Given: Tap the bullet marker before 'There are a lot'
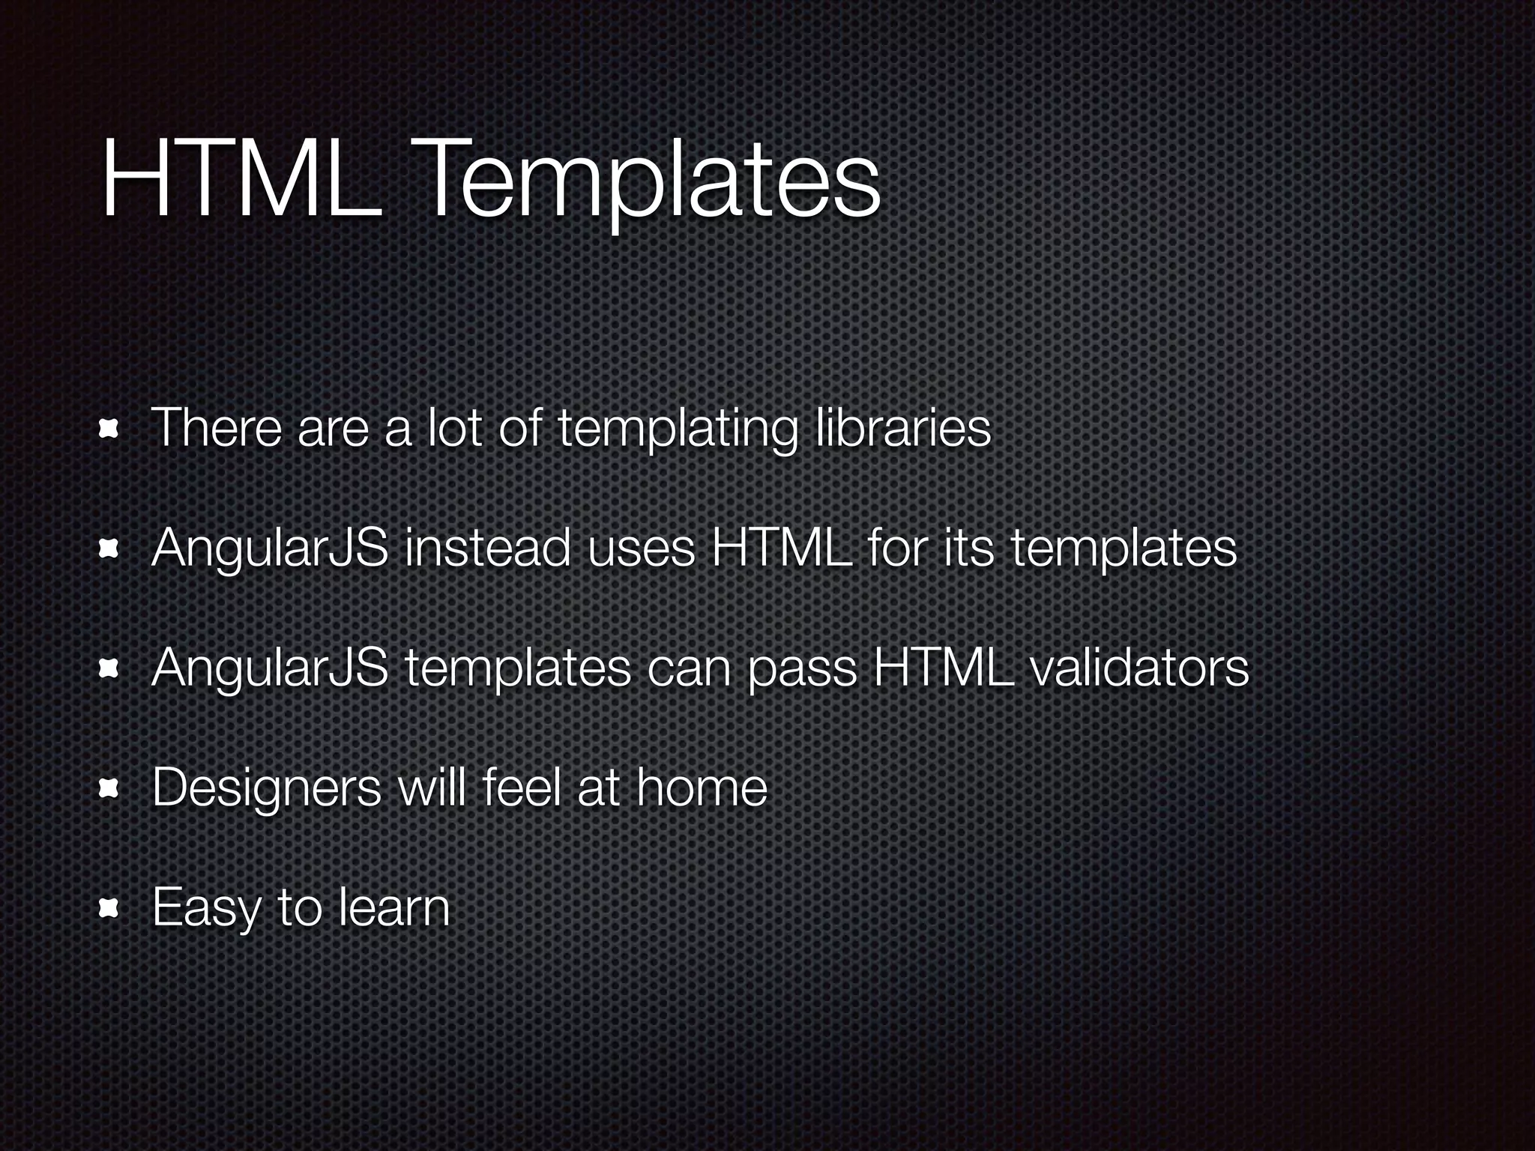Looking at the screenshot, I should tap(110, 430).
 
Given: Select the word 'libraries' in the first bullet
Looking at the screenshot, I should tap(902, 429).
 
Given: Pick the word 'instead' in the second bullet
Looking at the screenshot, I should tap(487, 548).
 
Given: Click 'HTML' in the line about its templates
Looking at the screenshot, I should tap(780, 548).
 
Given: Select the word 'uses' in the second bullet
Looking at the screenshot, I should tap(642, 550).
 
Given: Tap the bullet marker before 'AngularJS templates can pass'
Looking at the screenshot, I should tap(110, 668).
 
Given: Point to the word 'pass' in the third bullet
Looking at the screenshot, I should tap(802, 671).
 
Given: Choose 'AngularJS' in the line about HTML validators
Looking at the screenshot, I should tap(270, 669).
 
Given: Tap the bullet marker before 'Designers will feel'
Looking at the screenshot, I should tap(110, 788).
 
